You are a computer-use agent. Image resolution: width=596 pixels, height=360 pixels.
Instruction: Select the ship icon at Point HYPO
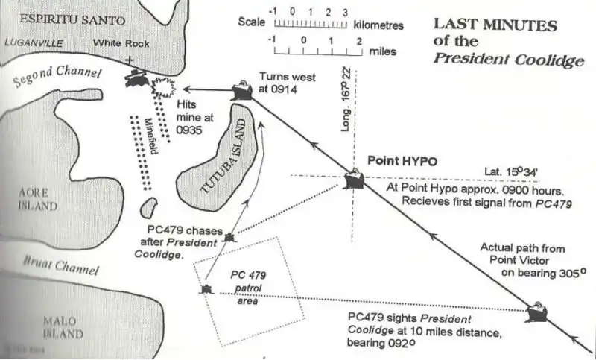tap(354, 180)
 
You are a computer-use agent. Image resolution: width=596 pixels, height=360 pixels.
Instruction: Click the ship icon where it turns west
tap(241, 91)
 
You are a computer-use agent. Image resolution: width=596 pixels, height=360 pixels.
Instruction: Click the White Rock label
tap(121, 43)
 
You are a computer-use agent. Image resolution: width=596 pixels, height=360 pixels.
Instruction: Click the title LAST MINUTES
tap(495, 25)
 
